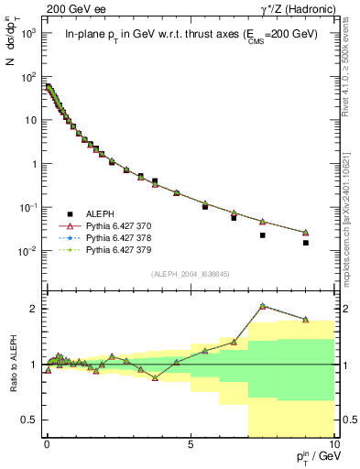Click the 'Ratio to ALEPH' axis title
(x=13, y=365)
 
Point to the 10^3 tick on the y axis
(x=27, y=33)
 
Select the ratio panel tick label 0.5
(x=27, y=420)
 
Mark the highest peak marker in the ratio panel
(x=263, y=306)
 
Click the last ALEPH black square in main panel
(x=306, y=243)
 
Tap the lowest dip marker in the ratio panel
(x=155, y=377)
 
